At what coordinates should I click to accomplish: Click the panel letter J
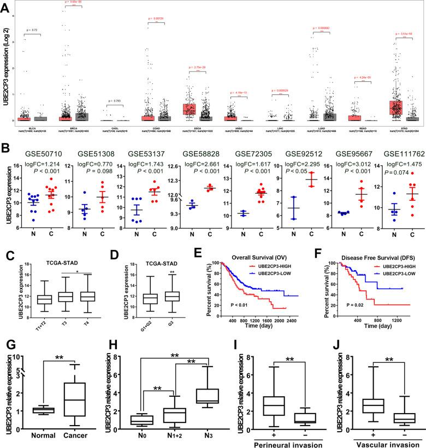click(323, 346)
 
